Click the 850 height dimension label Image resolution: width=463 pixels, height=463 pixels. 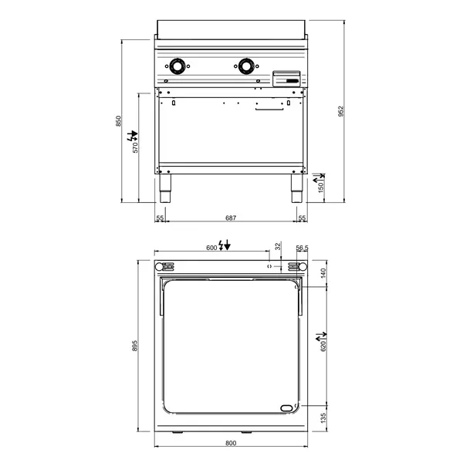(x=118, y=121)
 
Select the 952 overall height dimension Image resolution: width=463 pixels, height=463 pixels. (x=340, y=110)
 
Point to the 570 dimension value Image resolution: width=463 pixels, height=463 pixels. (x=135, y=147)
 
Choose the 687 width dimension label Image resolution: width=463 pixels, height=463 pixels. (x=231, y=219)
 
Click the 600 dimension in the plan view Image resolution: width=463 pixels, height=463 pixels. (x=211, y=247)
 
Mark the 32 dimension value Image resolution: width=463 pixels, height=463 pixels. (x=278, y=247)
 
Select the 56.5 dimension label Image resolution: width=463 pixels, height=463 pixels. (x=302, y=247)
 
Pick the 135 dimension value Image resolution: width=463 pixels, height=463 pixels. (x=323, y=417)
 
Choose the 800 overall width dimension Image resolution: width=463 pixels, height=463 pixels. (x=231, y=443)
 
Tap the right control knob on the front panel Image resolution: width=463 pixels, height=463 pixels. (x=247, y=67)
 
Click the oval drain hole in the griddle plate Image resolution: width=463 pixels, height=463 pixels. (x=287, y=408)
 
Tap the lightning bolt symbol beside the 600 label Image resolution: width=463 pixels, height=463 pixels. (x=223, y=246)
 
